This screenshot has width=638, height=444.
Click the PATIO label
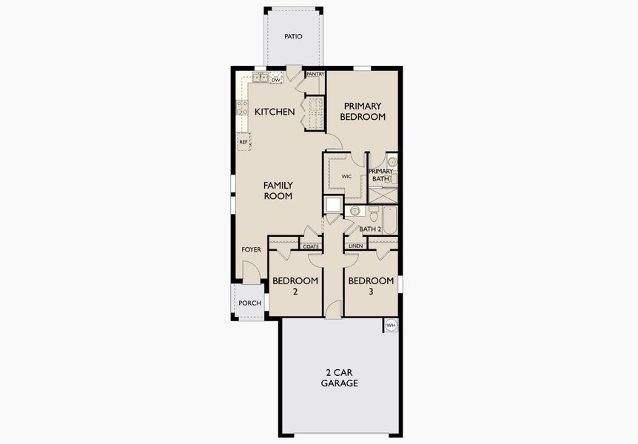293,36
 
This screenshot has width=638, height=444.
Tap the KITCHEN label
275,112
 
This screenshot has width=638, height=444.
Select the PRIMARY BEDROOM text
363,112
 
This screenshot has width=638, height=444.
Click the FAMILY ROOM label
278,191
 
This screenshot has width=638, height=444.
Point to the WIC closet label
346,177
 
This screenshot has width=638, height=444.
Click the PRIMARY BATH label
380,175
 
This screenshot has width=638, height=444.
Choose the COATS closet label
311,246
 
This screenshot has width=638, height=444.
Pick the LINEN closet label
356,246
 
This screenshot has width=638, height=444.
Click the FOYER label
251,250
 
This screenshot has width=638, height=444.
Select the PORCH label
249,303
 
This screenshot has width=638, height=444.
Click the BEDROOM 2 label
295,286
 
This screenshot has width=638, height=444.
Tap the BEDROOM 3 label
371,286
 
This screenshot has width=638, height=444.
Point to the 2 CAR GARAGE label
340,377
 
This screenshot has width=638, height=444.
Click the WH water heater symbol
391,325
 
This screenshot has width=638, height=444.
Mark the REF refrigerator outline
243,141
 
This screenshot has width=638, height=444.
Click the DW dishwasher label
275,78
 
